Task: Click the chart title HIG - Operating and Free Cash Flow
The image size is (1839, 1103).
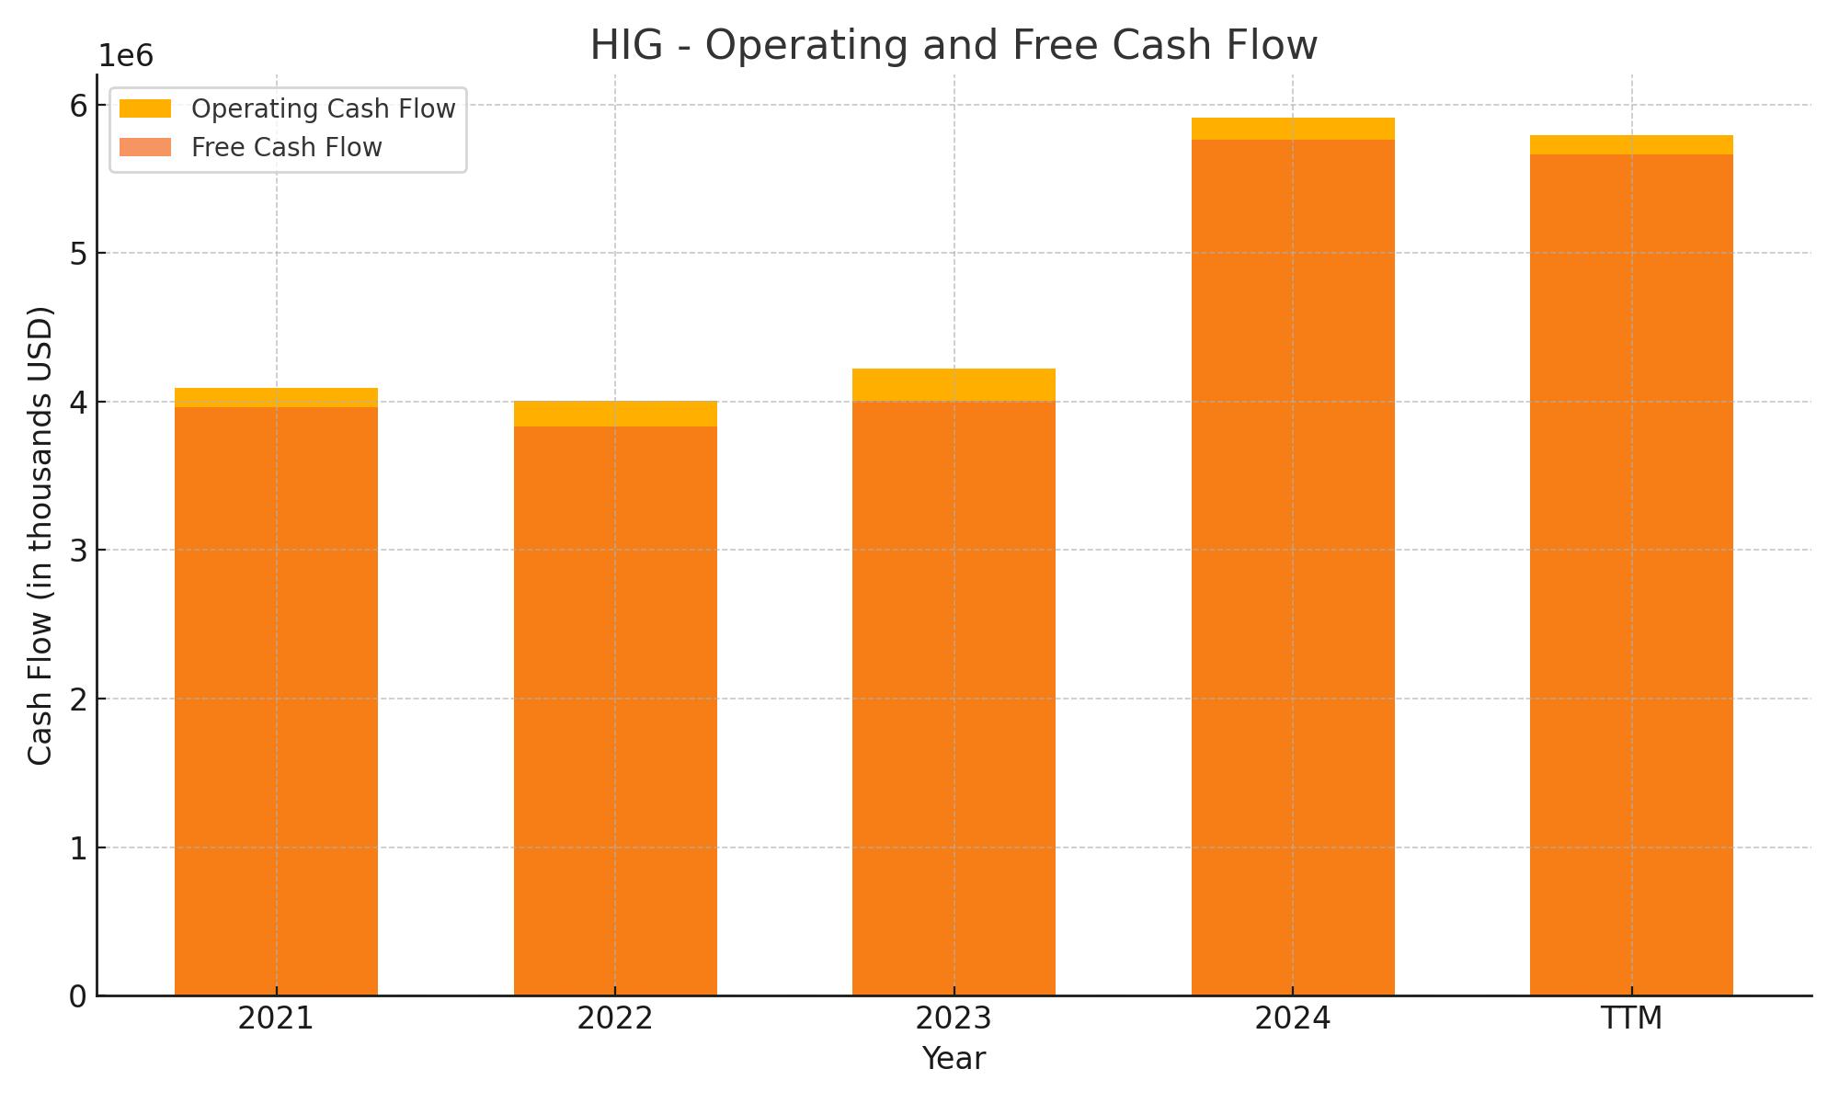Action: [x=954, y=45]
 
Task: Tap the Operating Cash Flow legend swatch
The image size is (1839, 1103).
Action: [x=145, y=108]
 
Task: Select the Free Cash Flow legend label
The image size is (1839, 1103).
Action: [x=286, y=147]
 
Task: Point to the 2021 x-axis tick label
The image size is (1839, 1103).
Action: [x=276, y=1018]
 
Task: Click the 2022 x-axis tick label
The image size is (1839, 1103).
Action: [x=614, y=1018]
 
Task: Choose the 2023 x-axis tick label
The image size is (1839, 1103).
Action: [x=954, y=1018]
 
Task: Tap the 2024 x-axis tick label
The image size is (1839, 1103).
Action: [x=1292, y=1018]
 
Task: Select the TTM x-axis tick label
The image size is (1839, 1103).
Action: [x=1631, y=1018]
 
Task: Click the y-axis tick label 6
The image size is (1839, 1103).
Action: [x=78, y=106]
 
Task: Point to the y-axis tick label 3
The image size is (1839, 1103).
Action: [x=78, y=551]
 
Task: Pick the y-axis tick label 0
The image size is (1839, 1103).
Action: [x=78, y=996]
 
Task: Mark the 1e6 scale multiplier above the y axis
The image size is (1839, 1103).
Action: [x=126, y=56]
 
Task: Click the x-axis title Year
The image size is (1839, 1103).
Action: [x=954, y=1059]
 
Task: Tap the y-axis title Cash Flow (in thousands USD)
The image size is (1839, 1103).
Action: [x=40, y=535]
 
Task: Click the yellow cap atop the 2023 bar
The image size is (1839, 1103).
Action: [x=954, y=384]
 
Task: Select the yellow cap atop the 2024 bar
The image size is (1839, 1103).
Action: [x=1292, y=129]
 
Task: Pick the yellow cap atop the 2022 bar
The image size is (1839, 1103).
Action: [x=614, y=414]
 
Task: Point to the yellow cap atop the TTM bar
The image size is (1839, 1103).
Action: [x=1631, y=144]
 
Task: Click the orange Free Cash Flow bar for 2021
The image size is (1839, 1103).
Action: [x=276, y=699]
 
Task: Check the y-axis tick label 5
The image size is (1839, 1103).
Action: [x=78, y=254]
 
